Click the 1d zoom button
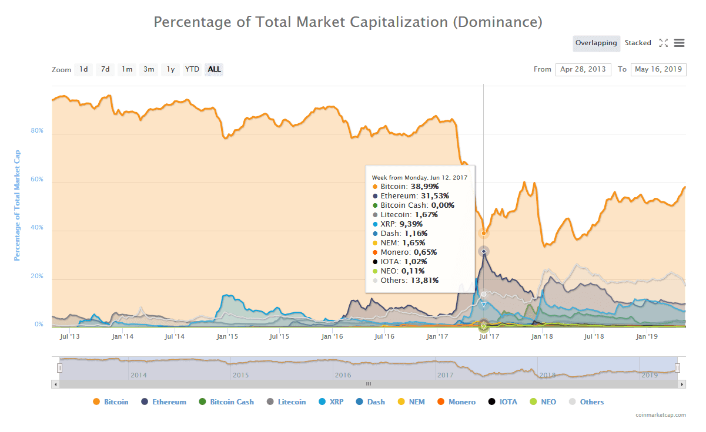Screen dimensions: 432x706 83,69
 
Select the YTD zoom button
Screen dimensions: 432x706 192,69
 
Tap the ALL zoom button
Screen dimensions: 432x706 215,69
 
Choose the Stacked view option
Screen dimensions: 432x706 638,43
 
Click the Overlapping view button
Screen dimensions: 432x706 596,43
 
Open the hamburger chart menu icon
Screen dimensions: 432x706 679,43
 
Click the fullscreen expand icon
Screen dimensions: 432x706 664,43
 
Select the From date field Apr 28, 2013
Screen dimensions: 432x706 583,69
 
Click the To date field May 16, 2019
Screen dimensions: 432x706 658,69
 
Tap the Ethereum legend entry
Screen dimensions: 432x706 169,402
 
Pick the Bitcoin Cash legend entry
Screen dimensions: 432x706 232,402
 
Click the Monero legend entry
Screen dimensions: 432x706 461,402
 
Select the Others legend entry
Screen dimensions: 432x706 591,402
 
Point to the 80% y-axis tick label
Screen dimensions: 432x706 37,130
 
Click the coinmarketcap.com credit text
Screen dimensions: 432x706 661,415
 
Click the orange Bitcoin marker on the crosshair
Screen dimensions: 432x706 484,233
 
